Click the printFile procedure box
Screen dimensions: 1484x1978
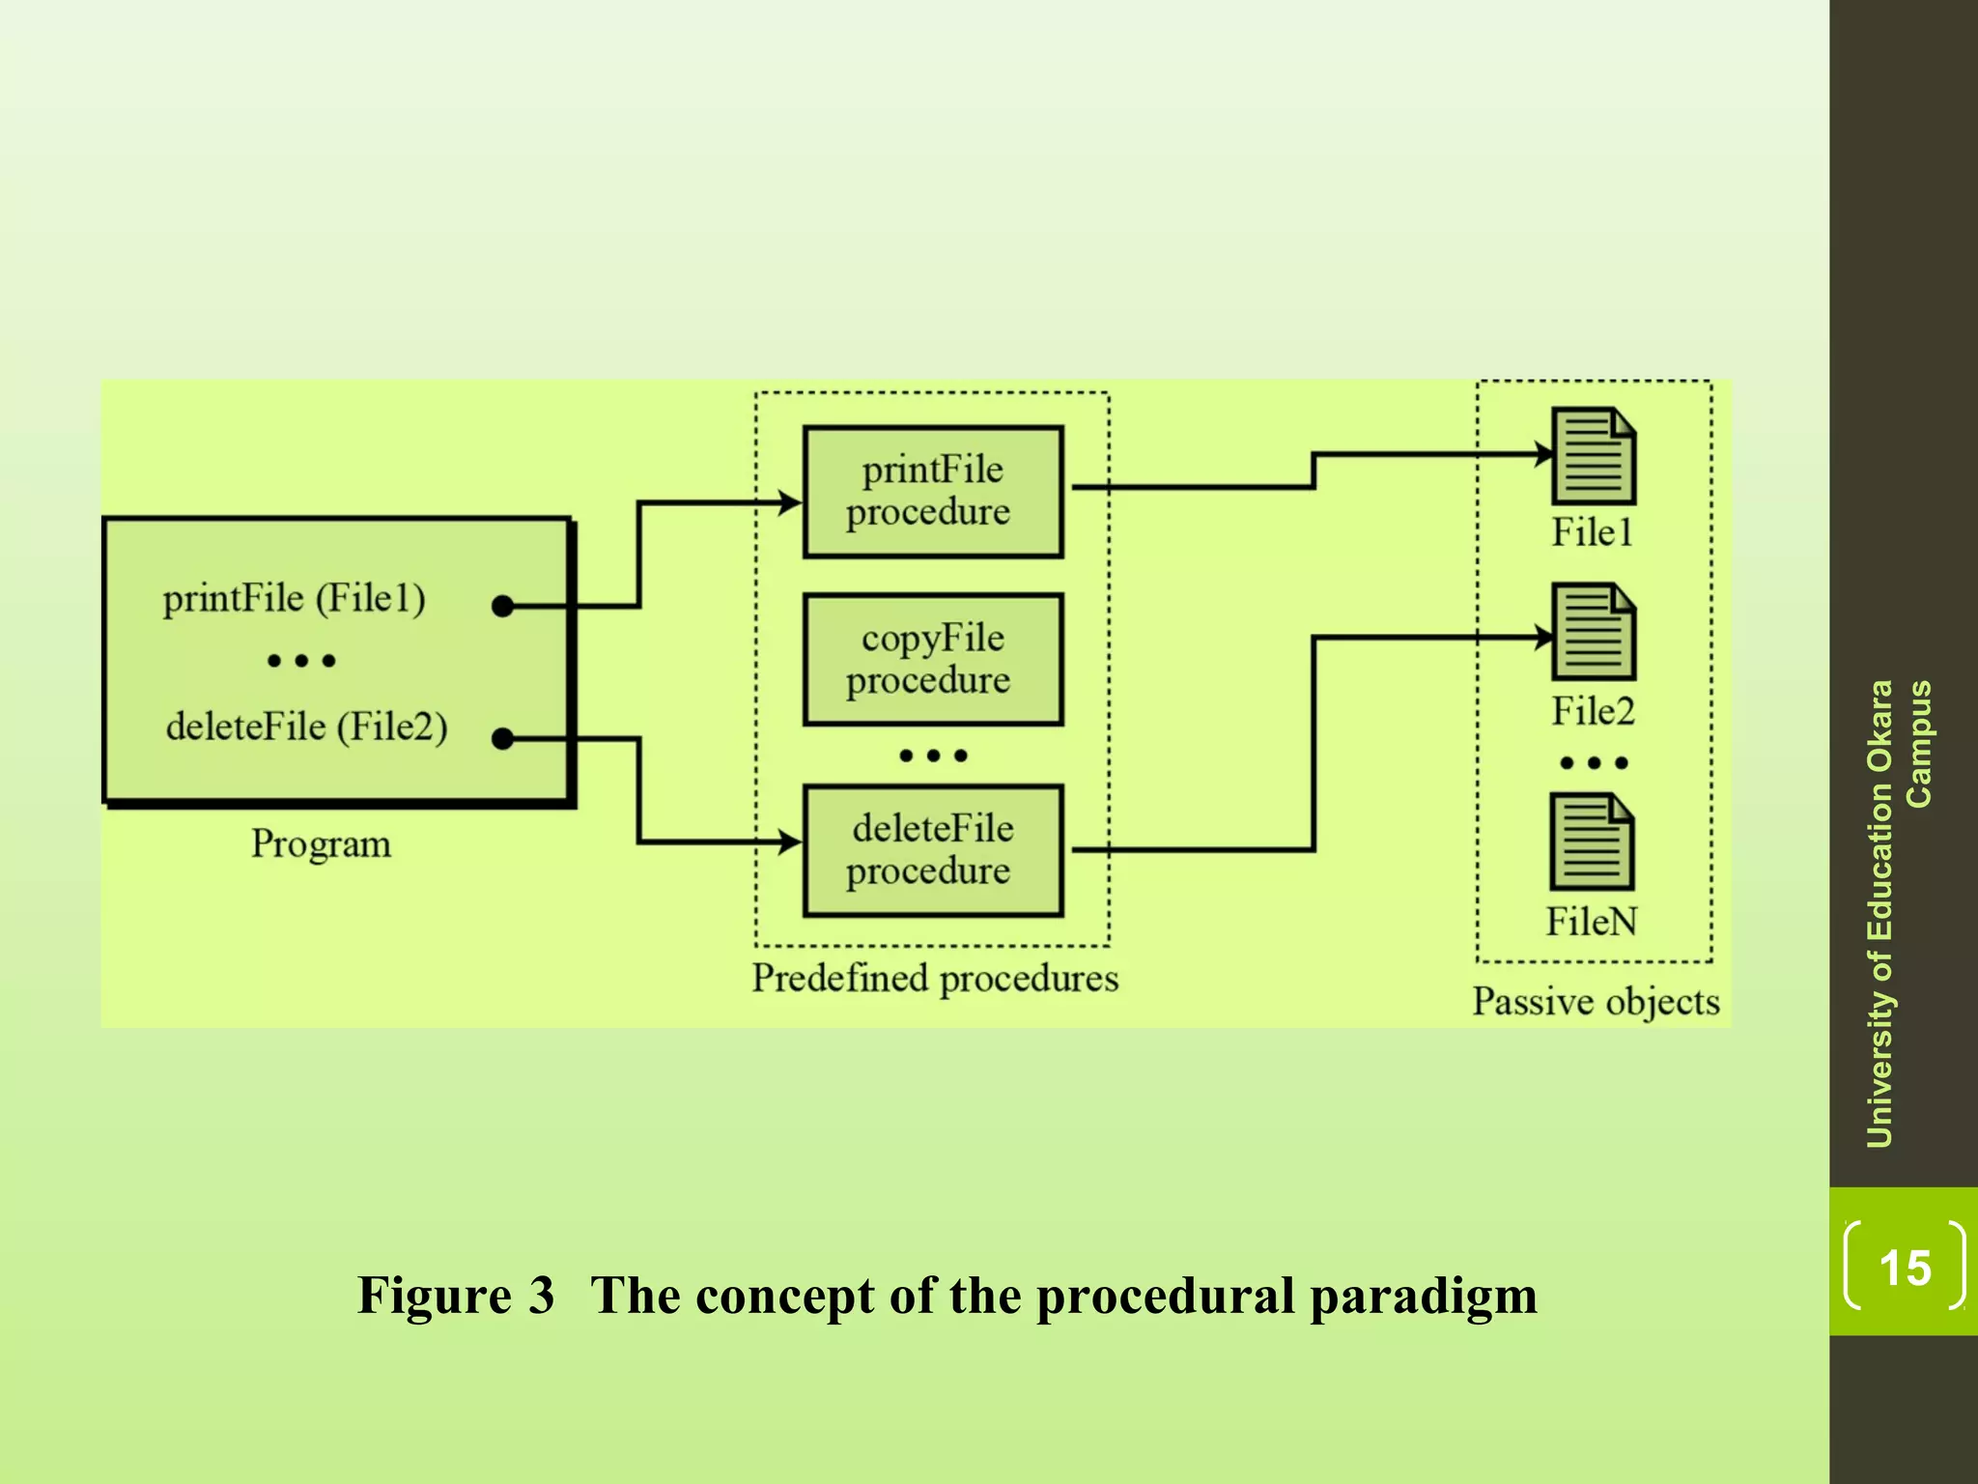click(x=933, y=491)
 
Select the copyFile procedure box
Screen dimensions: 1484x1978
click(x=933, y=659)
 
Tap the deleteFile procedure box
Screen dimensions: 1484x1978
click(x=933, y=850)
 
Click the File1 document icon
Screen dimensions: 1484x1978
click(x=1593, y=456)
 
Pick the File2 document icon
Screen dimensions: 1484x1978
click(x=1593, y=632)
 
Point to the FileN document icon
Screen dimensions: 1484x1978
click(x=1592, y=842)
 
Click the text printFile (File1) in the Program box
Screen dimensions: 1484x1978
click(x=294, y=598)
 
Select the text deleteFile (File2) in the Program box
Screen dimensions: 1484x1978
click(x=306, y=727)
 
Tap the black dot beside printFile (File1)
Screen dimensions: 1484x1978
click(x=502, y=606)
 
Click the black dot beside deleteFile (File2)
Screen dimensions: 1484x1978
click(x=502, y=739)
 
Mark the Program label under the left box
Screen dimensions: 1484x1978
click(x=321, y=843)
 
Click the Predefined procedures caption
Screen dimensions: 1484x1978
click(x=935, y=978)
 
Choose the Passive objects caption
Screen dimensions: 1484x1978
click(x=1596, y=1001)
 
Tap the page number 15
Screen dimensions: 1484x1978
click(x=1905, y=1267)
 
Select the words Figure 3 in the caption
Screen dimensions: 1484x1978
click(x=456, y=1296)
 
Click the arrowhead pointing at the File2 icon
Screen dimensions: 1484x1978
click(x=1544, y=637)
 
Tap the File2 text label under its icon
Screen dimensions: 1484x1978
click(x=1593, y=711)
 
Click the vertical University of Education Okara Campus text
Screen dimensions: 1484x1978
click(x=1898, y=913)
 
